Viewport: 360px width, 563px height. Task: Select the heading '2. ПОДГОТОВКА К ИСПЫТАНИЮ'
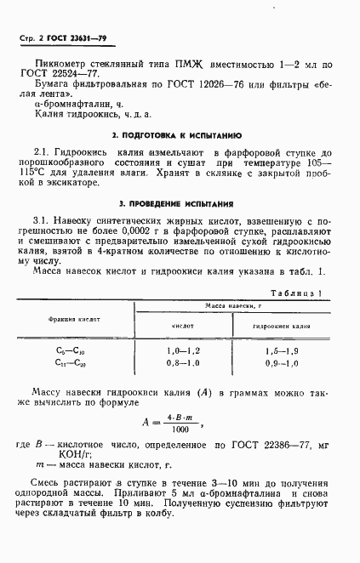(178, 136)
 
